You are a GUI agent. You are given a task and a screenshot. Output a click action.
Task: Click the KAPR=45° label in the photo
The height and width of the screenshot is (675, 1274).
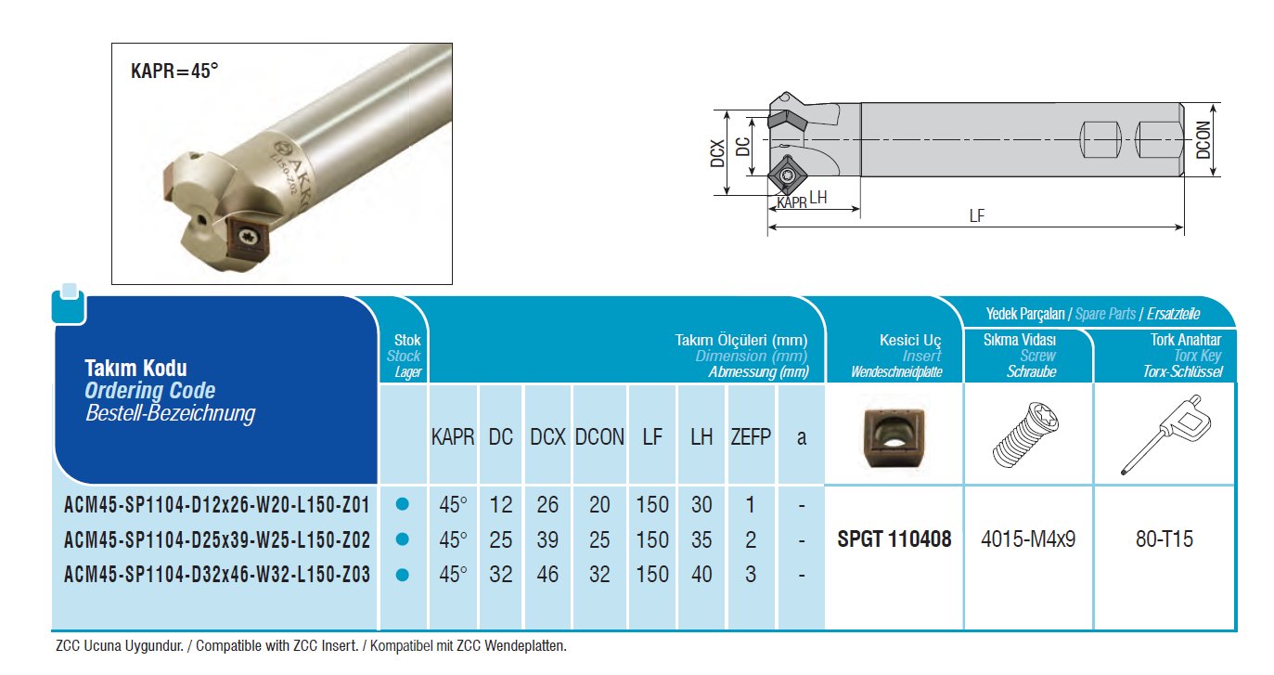[x=174, y=71]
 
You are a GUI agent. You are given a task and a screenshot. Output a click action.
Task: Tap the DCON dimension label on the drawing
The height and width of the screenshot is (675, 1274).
[x=1203, y=140]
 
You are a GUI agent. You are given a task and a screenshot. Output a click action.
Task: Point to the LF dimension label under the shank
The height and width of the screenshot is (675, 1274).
[x=976, y=215]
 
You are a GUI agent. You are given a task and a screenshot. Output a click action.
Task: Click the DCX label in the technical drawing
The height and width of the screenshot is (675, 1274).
[x=718, y=153]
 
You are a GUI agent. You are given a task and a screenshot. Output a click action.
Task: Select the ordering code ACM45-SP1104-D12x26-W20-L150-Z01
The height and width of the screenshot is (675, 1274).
[x=217, y=505]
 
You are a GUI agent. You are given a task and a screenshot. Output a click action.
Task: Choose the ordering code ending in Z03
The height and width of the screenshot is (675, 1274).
[x=217, y=575]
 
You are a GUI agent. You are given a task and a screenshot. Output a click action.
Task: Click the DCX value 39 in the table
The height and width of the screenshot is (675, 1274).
[x=547, y=539]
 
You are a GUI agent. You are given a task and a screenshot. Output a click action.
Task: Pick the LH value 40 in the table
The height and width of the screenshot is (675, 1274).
[x=701, y=575]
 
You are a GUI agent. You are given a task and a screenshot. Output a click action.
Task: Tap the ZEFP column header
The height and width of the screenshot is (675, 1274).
[x=751, y=437]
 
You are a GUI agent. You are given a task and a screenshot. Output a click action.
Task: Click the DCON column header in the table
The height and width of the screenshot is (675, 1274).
[x=599, y=437]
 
